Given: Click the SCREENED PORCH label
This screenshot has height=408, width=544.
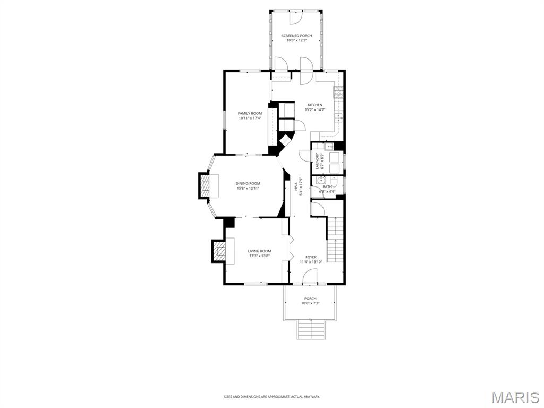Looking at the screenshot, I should pyautogui.click(x=296, y=36).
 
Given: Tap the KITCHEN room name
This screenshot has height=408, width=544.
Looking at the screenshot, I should pyautogui.click(x=314, y=105).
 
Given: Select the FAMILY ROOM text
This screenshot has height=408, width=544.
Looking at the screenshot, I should pyautogui.click(x=250, y=113).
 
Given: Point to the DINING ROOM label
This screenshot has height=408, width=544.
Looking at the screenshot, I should pyautogui.click(x=248, y=183).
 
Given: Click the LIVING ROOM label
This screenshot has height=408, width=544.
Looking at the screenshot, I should pyautogui.click(x=259, y=251).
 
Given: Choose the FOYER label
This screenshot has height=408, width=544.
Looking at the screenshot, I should pyautogui.click(x=311, y=257).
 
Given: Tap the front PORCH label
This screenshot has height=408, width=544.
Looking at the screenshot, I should pyautogui.click(x=310, y=299).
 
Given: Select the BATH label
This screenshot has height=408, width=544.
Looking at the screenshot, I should pyautogui.click(x=327, y=186).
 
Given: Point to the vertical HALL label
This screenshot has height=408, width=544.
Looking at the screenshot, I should pyautogui.click(x=296, y=186).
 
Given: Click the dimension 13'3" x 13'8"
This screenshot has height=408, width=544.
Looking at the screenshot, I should pyautogui.click(x=259, y=256).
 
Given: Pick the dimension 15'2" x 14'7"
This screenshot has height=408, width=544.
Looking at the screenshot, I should pyautogui.click(x=314, y=109).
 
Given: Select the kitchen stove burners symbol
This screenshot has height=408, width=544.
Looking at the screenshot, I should pyautogui.click(x=338, y=92).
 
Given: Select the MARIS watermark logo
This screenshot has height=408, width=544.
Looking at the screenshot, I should pyautogui.click(x=516, y=397).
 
